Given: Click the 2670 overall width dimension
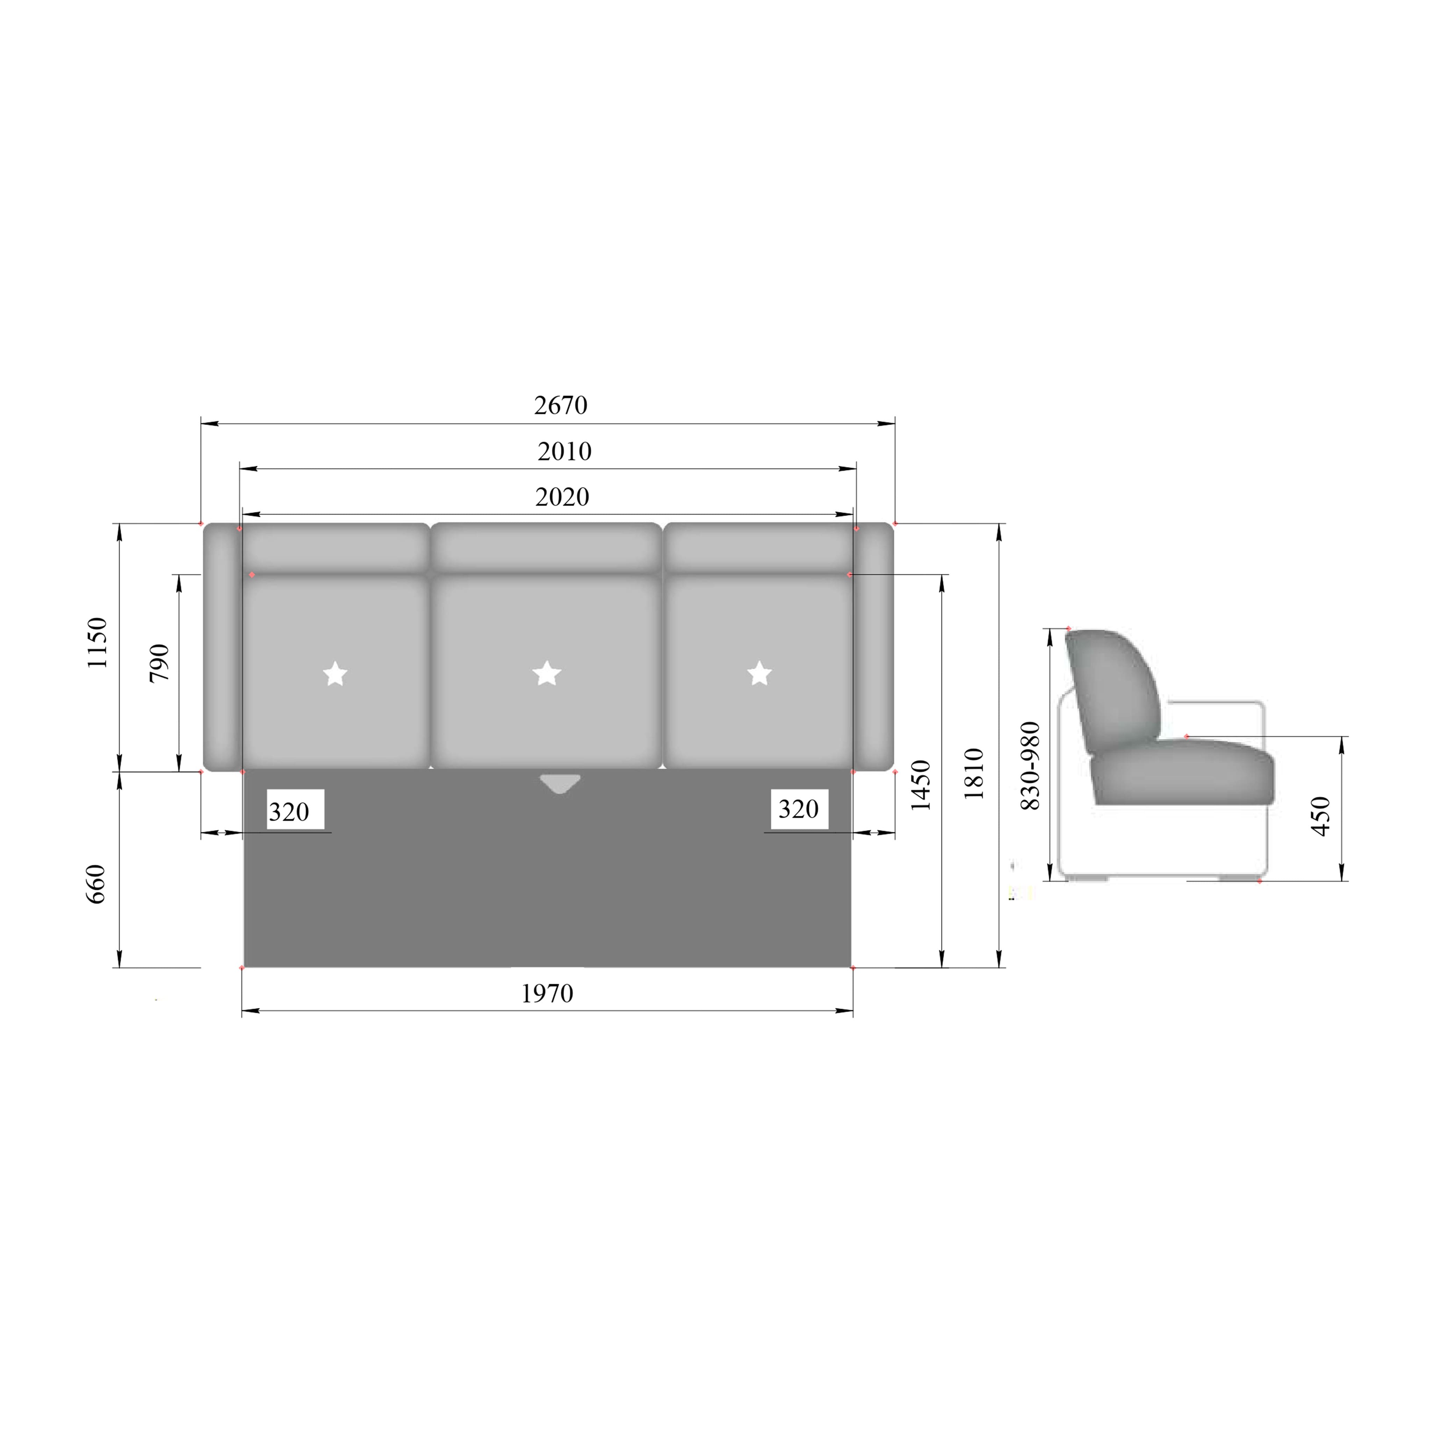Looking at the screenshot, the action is point(561,405).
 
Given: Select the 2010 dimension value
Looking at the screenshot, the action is point(564,451).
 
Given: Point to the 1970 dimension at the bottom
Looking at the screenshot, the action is point(547,993).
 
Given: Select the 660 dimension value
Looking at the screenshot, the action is point(96,883).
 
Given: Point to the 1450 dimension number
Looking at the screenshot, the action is point(921,785).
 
